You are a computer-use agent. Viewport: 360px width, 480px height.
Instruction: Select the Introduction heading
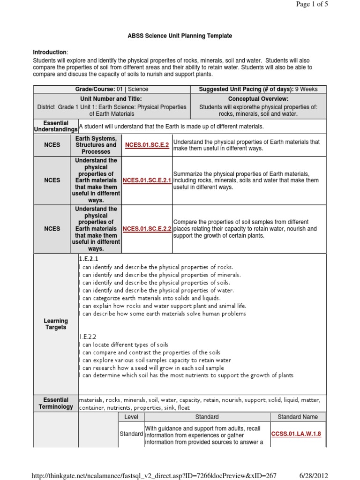pyautogui.click(x=50, y=52)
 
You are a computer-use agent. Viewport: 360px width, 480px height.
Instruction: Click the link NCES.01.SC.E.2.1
pyautogui.click(x=147, y=180)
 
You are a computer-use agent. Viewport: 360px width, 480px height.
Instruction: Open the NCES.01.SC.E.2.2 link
pyautogui.click(x=147, y=229)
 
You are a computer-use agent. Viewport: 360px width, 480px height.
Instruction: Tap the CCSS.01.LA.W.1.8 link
pyautogui.click(x=296, y=434)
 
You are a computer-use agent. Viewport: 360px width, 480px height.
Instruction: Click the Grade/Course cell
pyautogui.click(x=112, y=90)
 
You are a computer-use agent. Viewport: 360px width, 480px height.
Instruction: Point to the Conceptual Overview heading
pyautogui.click(x=258, y=99)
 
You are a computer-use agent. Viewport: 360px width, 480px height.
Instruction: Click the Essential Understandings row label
pyautogui.click(x=55, y=126)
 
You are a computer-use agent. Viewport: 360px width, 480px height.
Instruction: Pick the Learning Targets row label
pyautogui.click(x=56, y=324)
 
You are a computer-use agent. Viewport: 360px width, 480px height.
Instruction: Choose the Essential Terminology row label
pyautogui.click(x=56, y=403)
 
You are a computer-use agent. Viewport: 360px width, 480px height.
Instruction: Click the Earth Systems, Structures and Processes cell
pyautogui.click(x=96, y=145)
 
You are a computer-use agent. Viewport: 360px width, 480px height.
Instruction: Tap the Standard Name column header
pyautogui.click(x=297, y=417)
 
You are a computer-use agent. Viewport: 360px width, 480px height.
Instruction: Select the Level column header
pyautogui.click(x=131, y=417)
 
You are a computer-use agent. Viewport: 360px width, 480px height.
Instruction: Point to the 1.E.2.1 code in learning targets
pyautogui.click(x=89, y=259)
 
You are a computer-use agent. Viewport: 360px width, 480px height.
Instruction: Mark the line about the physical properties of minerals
pyautogui.click(x=160, y=275)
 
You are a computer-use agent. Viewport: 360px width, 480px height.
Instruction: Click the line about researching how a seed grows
pyautogui.click(x=151, y=368)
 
